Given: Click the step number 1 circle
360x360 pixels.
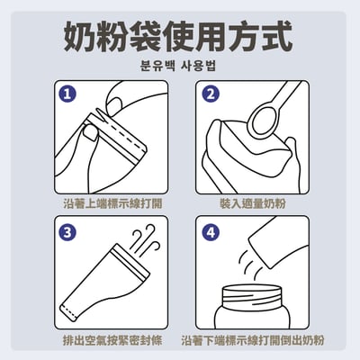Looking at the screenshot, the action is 67,94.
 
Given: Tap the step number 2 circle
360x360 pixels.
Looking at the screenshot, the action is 211,94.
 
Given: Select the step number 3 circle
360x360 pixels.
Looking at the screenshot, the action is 67,232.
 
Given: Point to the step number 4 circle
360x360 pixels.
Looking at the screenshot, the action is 211,232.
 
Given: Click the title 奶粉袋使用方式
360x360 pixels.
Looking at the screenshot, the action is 178,36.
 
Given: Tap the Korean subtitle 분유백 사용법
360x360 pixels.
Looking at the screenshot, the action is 178,66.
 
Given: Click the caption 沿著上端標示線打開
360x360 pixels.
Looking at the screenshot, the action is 112,203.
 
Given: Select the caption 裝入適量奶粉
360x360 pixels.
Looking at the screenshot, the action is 253,203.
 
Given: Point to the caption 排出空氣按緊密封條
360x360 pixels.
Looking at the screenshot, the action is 112,340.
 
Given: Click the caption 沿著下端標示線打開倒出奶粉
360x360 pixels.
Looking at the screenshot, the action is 253,340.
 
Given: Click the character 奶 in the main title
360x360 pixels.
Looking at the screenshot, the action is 79,36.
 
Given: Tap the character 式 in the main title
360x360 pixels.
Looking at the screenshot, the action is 277,36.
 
